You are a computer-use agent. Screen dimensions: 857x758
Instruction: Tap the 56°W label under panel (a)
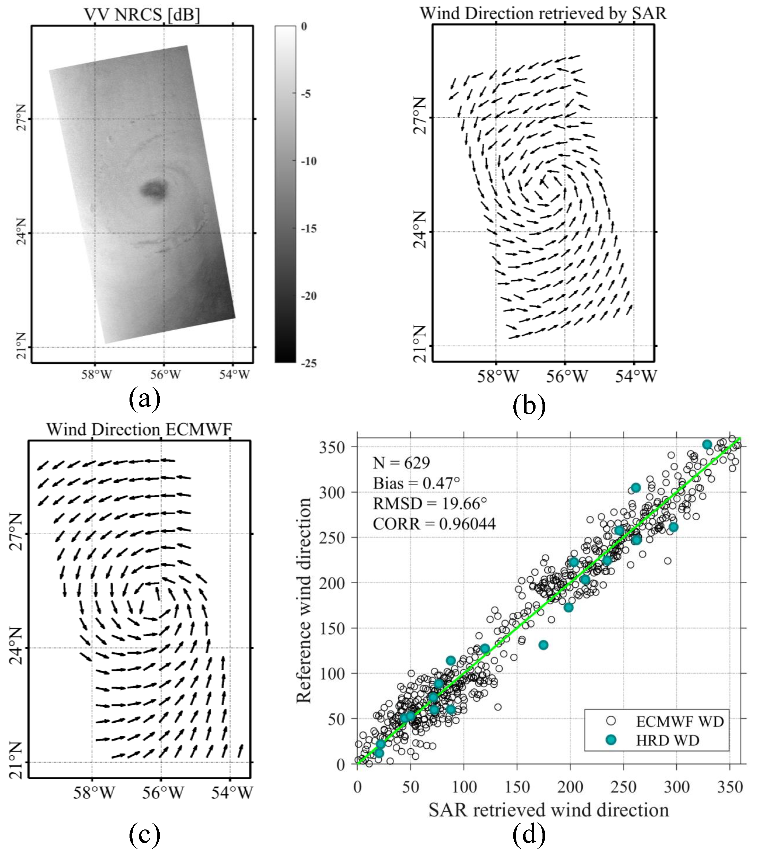[x=165, y=374]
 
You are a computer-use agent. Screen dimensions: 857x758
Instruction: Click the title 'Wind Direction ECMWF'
[x=139, y=429]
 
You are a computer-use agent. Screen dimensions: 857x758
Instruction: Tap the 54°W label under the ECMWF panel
[x=232, y=792]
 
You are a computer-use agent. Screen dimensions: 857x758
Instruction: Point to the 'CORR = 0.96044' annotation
[x=434, y=524]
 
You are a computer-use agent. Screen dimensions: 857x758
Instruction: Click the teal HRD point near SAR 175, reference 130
[x=543, y=645]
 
